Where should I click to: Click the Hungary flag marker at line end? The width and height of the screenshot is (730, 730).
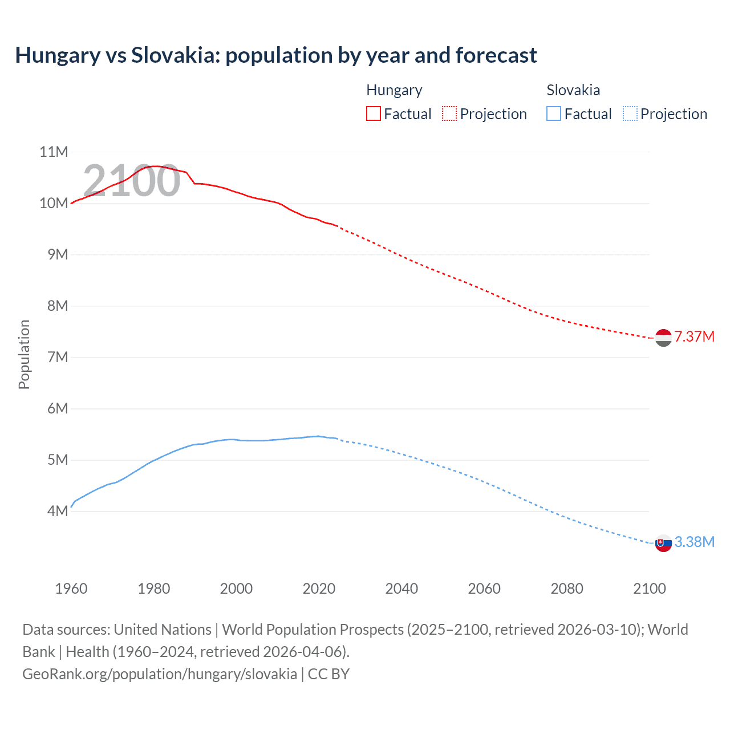pos(663,338)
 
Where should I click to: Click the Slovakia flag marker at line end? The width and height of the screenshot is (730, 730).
pos(663,544)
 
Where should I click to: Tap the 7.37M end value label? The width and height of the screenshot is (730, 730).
pos(694,336)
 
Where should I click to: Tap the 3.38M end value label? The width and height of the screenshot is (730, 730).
pos(694,542)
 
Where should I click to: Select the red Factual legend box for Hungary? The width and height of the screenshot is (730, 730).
pos(373,113)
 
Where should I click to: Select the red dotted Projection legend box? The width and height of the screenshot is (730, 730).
pos(449,113)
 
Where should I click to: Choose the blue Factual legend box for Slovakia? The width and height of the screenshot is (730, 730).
pos(553,113)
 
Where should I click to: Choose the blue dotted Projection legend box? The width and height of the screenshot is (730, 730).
pos(630,113)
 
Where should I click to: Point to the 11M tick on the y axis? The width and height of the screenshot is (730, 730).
pos(54,152)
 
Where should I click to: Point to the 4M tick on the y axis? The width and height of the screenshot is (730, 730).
pos(58,511)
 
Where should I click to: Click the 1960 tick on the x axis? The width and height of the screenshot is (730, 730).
pos(71,589)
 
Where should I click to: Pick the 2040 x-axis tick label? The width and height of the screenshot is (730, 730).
pos(401,589)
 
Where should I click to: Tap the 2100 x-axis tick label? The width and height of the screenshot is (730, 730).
pos(649,589)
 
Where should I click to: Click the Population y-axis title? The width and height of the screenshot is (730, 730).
pos(24,354)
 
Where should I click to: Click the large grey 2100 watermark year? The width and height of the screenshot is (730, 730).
pos(132,181)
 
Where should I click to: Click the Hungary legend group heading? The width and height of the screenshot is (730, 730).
pos(394,90)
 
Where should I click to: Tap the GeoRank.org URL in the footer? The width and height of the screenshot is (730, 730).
pos(159,674)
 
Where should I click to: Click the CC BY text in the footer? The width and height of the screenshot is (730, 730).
pos(328,674)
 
